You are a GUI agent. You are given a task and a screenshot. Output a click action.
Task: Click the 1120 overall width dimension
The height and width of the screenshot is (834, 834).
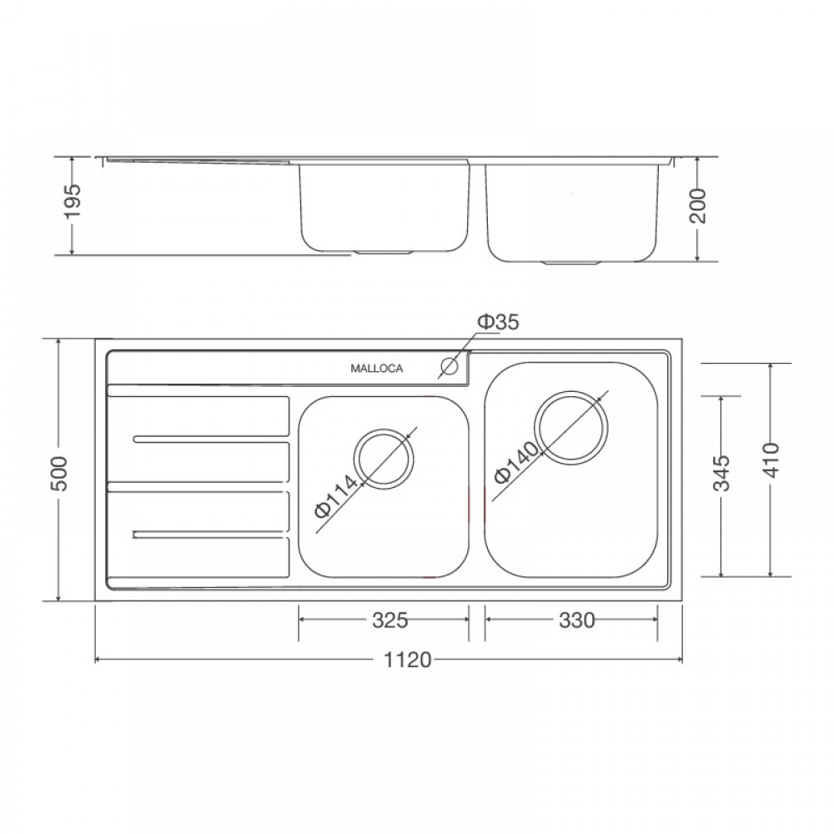click(x=408, y=660)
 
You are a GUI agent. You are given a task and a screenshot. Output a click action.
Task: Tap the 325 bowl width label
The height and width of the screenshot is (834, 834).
click(x=389, y=620)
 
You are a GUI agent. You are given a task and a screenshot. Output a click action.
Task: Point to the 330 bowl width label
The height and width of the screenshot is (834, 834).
click(x=576, y=620)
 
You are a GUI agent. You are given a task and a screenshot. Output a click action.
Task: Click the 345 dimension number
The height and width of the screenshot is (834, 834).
click(x=721, y=474)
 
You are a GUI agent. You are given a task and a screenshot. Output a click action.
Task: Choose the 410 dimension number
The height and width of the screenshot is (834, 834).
click(x=770, y=460)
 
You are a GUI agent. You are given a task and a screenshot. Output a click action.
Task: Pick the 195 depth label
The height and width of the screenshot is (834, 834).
click(x=71, y=200)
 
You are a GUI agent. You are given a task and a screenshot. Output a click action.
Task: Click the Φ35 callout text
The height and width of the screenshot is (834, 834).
click(x=498, y=322)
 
